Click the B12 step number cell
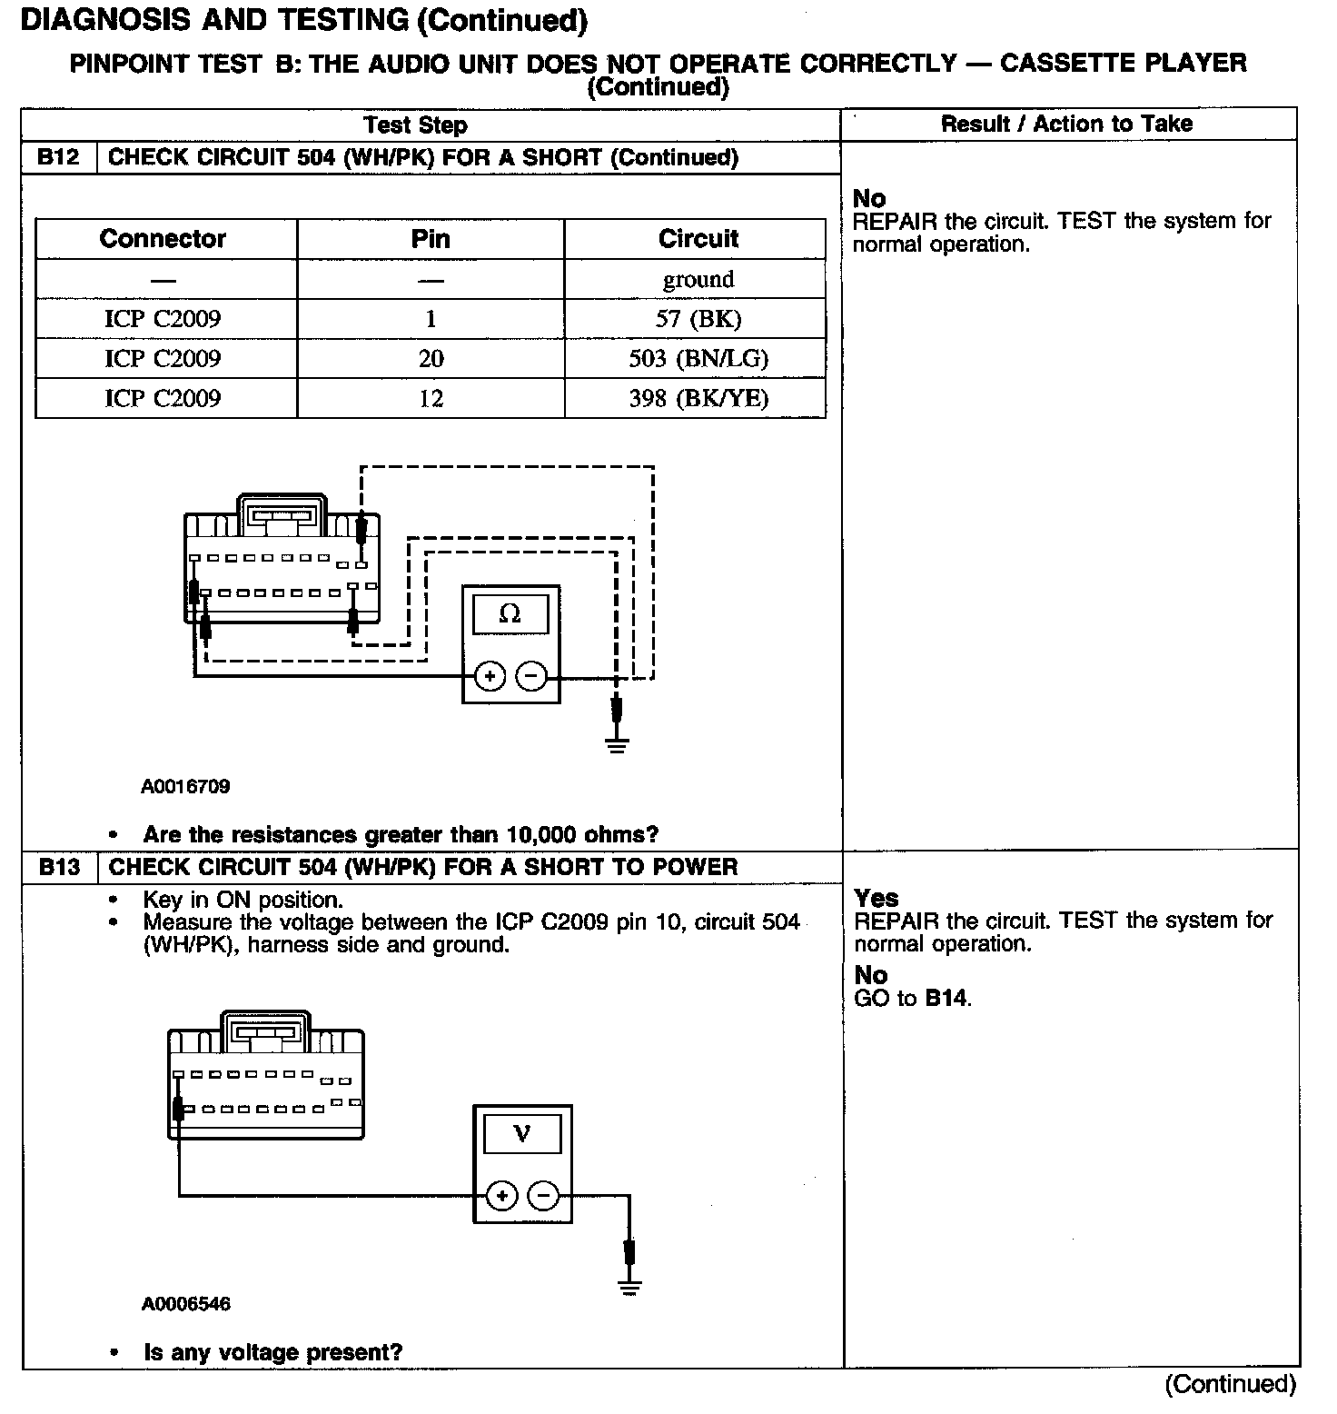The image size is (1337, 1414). pyautogui.click(x=59, y=157)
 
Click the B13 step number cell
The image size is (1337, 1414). pyautogui.click(x=59, y=867)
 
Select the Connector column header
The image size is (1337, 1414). pyautogui.click(x=163, y=239)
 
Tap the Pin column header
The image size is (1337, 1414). pyautogui.click(x=431, y=239)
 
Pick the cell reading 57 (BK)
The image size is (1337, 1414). pyautogui.click(x=698, y=319)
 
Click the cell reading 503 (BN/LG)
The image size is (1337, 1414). pyautogui.click(x=698, y=358)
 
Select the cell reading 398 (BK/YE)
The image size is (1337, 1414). pyautogui.click(x=698, y=398)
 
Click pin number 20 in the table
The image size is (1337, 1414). pyautogui.click(x=431, y=358)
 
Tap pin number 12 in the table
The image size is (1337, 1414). pyautogui.click(x=431, y=398)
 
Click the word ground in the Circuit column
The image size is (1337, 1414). pyautogui.click(x=698, y=279)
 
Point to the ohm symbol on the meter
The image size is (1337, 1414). pyautogui.click(x=510, y=614)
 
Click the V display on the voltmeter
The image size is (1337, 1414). pyautogui.click(x=522, y=1134)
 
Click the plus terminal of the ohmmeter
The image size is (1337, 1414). pyautogui.click(x=490, y=676)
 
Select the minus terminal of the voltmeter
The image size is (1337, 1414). pyautogui.click(x=543, y=1195)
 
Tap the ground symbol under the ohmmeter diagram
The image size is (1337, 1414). pyautogui.click(x=618, y=747)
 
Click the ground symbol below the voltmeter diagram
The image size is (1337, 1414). pyautogui.click(x=629, y=1286)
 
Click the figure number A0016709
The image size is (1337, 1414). pyautogui.click(x=185, y=786)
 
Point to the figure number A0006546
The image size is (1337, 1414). pyautogui.click(x=185, y=1304)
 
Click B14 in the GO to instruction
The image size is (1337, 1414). pyautogui.click(x=946, y=999)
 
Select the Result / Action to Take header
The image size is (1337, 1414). pyautogui.click(x=1066, y=124)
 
